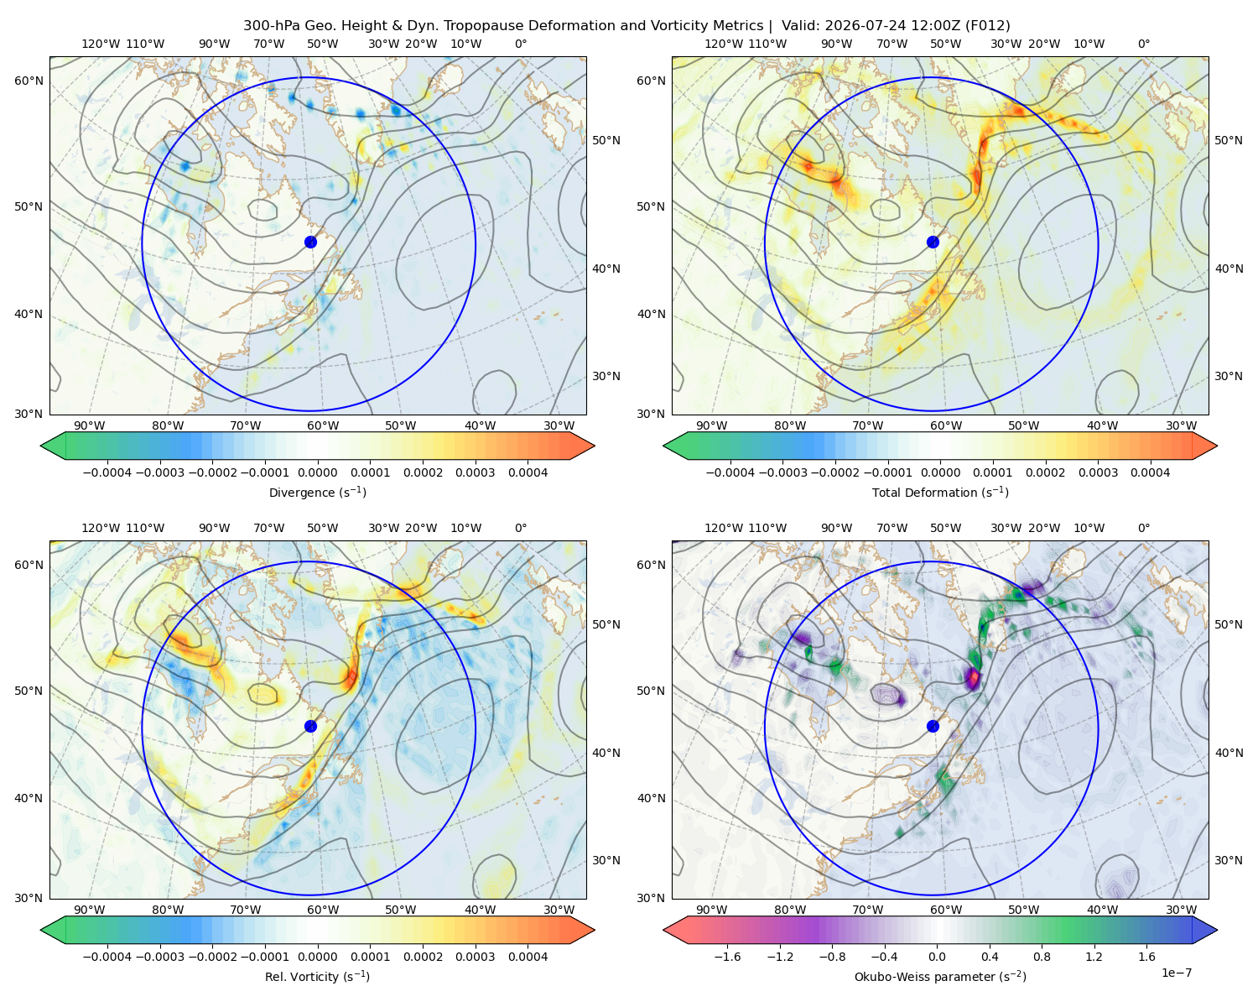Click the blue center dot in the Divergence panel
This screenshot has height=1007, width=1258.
310,242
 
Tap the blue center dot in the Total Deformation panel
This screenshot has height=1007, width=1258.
933,242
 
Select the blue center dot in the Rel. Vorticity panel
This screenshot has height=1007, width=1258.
310,726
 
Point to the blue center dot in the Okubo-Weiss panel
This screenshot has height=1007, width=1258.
933,726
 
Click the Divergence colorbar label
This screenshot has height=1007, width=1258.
317,493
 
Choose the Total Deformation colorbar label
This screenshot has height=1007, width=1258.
940,493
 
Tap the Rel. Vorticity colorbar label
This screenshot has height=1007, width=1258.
317,977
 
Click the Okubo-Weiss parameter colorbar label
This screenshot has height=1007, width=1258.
940,977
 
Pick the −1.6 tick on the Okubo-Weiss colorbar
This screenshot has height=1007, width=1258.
728,957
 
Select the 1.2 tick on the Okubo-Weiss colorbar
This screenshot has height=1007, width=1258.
1094,957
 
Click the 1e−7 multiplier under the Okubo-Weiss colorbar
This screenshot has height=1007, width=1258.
1176,973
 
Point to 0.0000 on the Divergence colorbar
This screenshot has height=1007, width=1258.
317,472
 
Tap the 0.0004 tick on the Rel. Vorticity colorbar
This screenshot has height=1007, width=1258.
528,957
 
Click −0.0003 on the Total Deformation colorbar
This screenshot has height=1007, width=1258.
782,472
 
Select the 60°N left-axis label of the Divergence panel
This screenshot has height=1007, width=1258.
29,81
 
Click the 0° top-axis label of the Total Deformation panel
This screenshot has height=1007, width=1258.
1143,44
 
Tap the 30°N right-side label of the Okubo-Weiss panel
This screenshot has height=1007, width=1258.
1228,861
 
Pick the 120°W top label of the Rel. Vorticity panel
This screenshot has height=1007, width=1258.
101,529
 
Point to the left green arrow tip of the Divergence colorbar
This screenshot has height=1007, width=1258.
41,446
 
